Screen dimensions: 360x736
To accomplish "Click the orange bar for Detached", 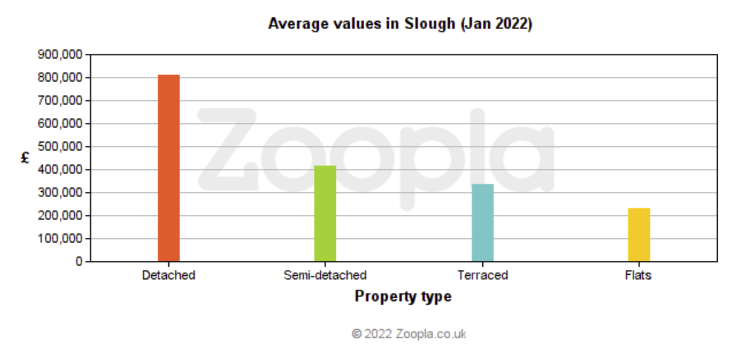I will pyautogui.click(x=169, y=168).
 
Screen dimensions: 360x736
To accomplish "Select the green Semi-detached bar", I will pyautogui.click(x=325, y=214).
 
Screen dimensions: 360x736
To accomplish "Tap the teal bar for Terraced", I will pyautogui.click(x=482, y=223).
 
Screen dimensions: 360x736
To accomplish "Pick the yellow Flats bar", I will pyautogui.click(x=639, y=235).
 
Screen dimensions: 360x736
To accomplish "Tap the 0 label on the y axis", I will pyautogui.click(x=79, y=261).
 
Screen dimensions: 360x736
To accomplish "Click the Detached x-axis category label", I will pyautogui.click(x=169, y=275).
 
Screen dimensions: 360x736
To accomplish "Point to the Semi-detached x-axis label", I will pyautogui.click(x=325, y=275).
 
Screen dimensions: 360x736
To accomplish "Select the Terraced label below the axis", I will pyautogui.click(x=482, y=275).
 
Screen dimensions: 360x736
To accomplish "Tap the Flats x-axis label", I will pyautogui.click(x=639, y=275).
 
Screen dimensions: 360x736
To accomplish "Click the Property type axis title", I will pyautogui.click(x=403, y=296).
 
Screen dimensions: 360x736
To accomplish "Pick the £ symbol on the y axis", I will pyautogui.click(x=25, y=158).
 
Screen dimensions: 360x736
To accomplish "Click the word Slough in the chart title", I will pyautogui.click(x=431, y=24).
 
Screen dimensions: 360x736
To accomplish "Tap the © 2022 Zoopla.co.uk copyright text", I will pyautogui.click(x=409, y=334).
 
